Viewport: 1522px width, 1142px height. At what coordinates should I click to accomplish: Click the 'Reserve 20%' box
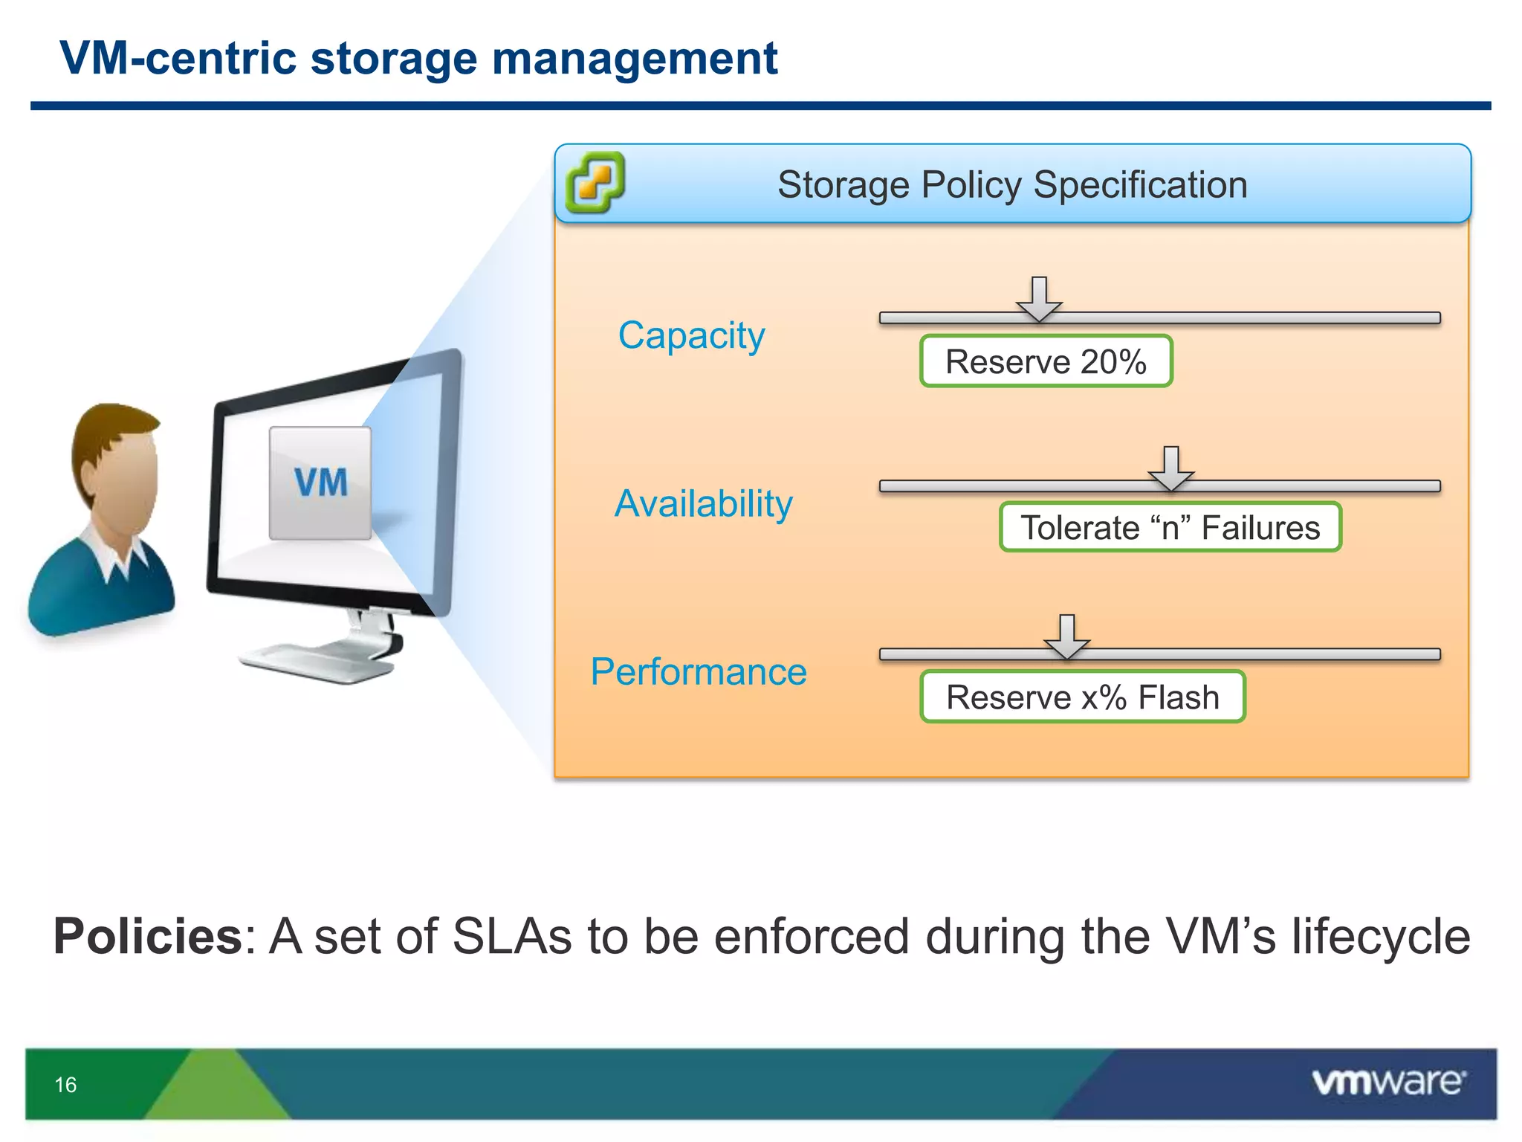(x=1046, y=361)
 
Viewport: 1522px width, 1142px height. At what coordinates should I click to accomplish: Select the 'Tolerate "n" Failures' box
(x=1170, y=528)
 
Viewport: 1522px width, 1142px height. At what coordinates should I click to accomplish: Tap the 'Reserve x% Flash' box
(x=1082, y=697)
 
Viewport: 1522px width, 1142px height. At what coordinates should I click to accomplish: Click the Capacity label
(x=691, y=335)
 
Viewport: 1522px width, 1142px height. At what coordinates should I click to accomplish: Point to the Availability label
(x=703, y=503)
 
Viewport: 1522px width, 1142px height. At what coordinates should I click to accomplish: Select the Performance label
(x=699, y=672)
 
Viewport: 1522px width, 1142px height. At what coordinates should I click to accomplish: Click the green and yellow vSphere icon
(x=595, y=182)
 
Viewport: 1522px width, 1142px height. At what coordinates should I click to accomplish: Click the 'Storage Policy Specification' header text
(x=1012, y=184)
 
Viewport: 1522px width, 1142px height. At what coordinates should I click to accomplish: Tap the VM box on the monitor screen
(x=320, y=483)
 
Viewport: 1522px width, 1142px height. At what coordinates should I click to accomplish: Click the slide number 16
(x=65, y=1085)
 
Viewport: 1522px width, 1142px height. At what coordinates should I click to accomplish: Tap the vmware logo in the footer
(x=1388, y=1082)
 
